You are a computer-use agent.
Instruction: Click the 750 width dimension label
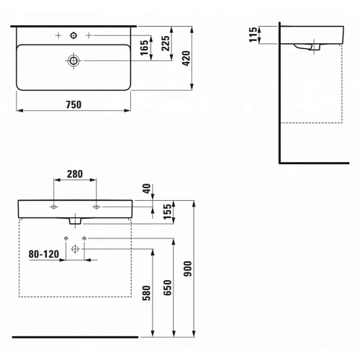pyautogui.click(x=73, y=104)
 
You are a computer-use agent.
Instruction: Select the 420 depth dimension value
pyautogui.click(x=185, y=60)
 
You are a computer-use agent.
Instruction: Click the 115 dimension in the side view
pyautogui.click(x=253, y=35)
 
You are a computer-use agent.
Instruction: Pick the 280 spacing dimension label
pyautogui.click(x=75, y=174)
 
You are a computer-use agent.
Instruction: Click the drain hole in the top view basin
pyautogui.click(x=73, y=60)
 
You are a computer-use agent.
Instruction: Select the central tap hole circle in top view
pyautogui.click(x=73, y=35)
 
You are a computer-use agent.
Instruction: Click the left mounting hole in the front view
pyautogui.click(x=55, y=207)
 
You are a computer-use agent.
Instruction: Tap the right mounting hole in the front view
pyautogui.click(x=95, y=207)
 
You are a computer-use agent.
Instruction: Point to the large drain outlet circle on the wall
pyautogui.click(x=74, y=248)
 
